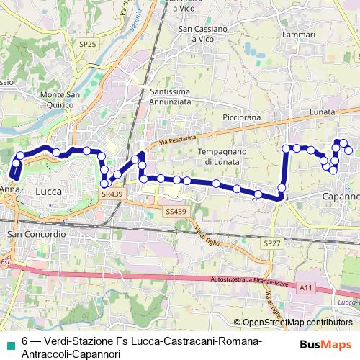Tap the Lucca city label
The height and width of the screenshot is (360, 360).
[x=48, y=192]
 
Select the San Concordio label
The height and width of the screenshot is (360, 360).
[x=36, y=235]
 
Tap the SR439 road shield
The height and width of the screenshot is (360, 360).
[x=111, y=194]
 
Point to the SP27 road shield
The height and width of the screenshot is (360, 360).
[x=272, y=244]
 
